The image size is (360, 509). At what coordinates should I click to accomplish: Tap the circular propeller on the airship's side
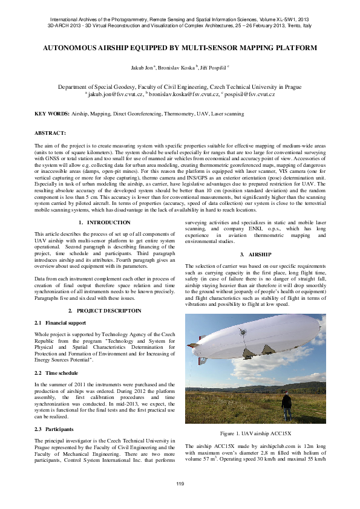click(x=243, y=332)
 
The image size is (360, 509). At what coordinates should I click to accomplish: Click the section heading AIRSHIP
click(x=260, y=254)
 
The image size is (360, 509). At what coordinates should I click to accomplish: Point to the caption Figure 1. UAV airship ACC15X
click(x=255, y=433)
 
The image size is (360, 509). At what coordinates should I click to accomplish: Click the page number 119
click(x=180, y=484)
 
